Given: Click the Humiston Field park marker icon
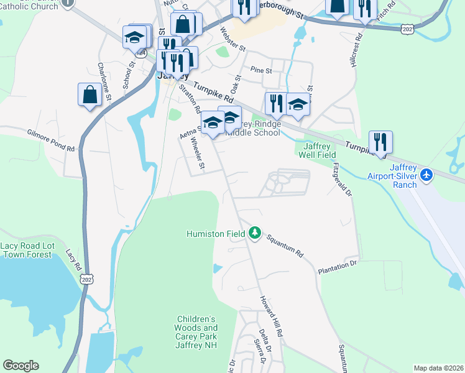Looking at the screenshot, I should coord(254,233).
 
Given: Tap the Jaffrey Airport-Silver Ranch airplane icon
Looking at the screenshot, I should coord(426,176).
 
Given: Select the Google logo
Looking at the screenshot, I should coord(21,366).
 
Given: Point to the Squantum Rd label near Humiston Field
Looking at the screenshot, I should coord(285,246).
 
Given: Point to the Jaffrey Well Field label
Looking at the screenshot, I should coord(315,150).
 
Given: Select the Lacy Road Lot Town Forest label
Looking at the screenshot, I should coord(27,250).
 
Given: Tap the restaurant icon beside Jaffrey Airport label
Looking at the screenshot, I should coord(379,142).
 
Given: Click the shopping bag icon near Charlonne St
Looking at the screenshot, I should coord(90,94).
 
